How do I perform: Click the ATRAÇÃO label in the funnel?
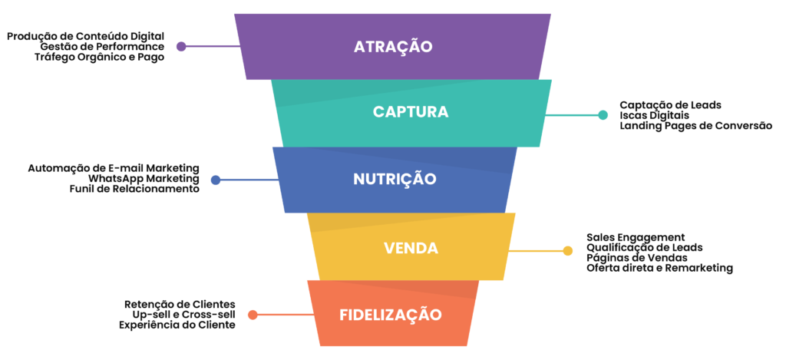coord(393,46)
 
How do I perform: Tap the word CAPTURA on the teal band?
coord(411,112)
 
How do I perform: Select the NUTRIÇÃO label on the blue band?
coord(395,180)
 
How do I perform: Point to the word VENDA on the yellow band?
coord(411,249)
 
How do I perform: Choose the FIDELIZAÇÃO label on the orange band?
coord(391,315)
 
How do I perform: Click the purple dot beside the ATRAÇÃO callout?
coord(181,46)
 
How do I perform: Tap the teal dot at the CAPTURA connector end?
coord(603,115)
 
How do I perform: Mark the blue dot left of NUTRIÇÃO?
coord(216,180)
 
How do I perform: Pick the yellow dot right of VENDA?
coord(568,250)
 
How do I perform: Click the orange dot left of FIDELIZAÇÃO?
coord(252,315)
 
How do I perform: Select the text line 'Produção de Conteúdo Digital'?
coord(86,36)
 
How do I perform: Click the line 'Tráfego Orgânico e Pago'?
coord(99,57)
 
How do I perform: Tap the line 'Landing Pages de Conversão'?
coord(695,125)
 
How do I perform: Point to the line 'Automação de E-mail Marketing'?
coord(114,167)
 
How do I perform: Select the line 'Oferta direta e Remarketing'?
coord(659,268)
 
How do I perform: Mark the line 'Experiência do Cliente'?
coord(177,325)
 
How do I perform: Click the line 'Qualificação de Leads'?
coord(645,247)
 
